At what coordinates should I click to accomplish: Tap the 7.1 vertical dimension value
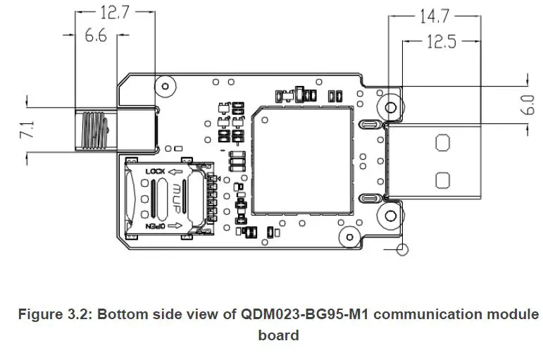[x=27, y=130]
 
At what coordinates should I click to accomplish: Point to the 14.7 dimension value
[x=435, y=16]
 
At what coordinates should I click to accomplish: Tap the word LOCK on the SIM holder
[x=156, y=172]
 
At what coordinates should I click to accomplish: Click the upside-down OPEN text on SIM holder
[x=156, y=227]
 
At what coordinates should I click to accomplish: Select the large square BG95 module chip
[x=302, y=159]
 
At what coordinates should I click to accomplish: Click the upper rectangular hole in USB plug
[x=442, y=143]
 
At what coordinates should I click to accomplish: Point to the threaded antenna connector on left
[x=94, y=130]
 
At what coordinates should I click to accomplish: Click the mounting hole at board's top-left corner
[x=166, y=87]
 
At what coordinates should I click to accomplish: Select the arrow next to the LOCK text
[x=177, y=172]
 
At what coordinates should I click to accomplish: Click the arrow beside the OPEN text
[x=177, y=227]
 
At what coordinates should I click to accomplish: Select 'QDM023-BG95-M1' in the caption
[x=292, y=314]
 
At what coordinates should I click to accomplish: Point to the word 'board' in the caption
[x=278, y=335]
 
